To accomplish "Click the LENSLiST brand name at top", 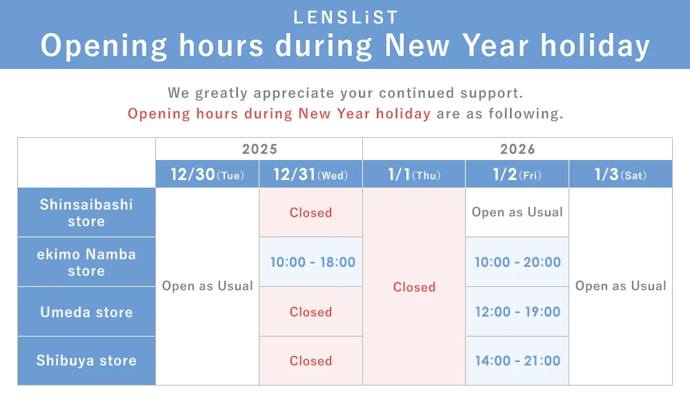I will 345,17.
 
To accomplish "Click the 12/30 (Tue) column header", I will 207,174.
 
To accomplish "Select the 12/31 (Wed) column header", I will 310,174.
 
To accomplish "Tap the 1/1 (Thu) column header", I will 414,174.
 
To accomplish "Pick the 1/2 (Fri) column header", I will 517,174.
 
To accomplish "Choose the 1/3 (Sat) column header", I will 620,174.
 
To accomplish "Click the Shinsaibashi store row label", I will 86,212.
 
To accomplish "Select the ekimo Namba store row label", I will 86,262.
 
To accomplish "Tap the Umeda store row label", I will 86,312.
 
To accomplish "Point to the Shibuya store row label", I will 86,361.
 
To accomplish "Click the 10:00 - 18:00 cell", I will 312,262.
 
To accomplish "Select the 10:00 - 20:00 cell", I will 517,262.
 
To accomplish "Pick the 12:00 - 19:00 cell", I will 517,312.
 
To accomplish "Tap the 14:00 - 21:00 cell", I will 517,361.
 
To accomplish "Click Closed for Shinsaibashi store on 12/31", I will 310,212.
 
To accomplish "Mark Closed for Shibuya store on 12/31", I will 310,361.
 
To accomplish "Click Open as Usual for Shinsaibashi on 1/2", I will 517,212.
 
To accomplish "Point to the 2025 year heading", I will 259,149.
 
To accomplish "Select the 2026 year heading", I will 517,149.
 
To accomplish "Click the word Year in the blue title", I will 495,46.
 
